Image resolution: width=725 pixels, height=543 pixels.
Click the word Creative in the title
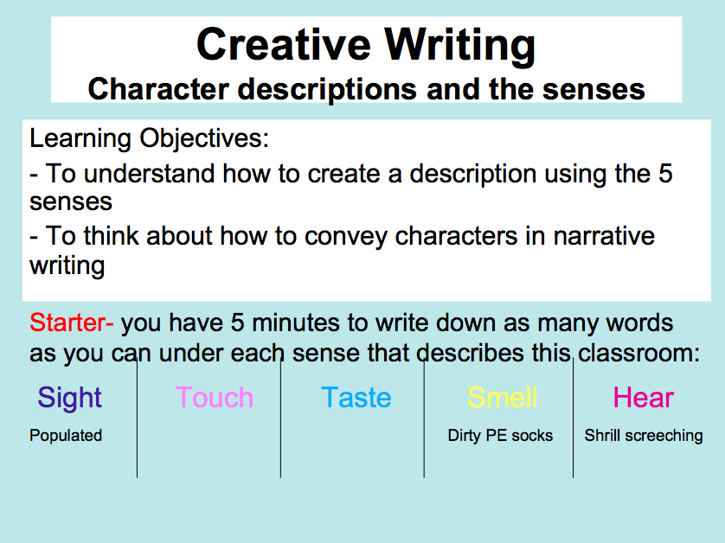tap(284, 44)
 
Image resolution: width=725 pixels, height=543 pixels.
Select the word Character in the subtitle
tap(158, 89)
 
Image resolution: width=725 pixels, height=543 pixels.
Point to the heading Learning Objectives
tap(149, 138)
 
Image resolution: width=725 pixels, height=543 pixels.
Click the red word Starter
tap(71, 323)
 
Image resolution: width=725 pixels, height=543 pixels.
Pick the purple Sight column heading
tap(69, 398)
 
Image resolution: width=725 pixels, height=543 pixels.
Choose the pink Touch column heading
tap(215, 398)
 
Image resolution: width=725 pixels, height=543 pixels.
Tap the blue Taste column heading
tap(356, 398)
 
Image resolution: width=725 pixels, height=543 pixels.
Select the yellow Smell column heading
tap(502, 398)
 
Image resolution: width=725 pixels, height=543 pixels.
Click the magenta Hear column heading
tap(644, 398)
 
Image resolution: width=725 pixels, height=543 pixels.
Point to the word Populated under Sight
tap(66, 436)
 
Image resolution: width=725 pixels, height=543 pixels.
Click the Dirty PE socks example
tap(500, 436)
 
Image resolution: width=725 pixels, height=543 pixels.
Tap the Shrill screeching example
tap(644, 436)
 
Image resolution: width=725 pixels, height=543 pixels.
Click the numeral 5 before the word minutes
tap(238, 323)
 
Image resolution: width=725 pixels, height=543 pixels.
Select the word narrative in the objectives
tap(604, 236)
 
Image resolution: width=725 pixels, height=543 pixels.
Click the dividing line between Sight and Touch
tap(137, 418)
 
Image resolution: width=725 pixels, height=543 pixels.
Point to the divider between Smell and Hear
tap(573, 418)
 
